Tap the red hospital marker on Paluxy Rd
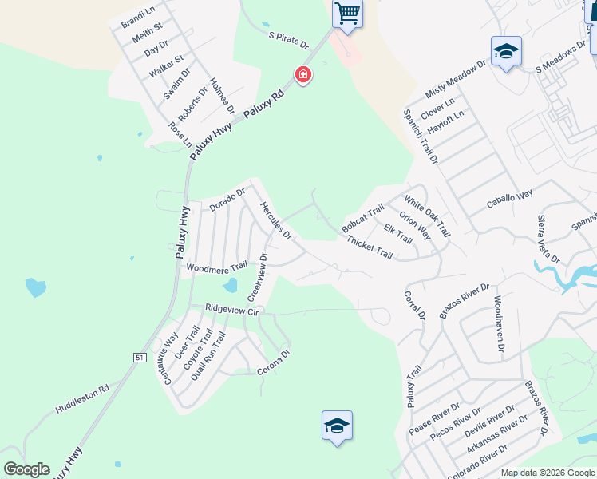(302, 76)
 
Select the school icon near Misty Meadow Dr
(506, 52)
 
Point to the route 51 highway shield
(140, 358)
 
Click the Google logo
(26, 469)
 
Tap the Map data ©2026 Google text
(548, 473)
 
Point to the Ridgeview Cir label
(232, 308)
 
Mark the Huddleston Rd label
(81, 400)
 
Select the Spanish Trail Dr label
(421, 137)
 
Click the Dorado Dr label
(227, 199)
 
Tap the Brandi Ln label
(136, 17)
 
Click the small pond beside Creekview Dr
(230, 286)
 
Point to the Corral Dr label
(414, 305)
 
